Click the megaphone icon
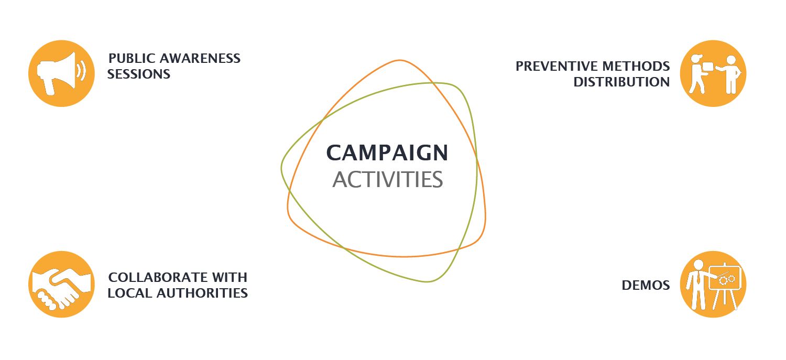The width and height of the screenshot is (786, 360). tap(61, 73)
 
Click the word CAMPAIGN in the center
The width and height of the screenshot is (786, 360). tap(387, 153)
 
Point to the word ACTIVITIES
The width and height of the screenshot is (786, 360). tap(387, 180)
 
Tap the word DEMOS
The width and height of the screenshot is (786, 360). tap(646, 285)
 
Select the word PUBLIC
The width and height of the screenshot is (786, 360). tap(132, 58)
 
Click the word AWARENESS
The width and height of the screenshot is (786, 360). tap(200, 58)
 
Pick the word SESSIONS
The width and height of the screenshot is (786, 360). tap(139, 74)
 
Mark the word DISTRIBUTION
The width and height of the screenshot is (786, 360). tap(621, 82)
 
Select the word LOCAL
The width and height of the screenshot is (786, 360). tap(129, 293)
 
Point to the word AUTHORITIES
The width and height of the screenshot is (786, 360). tap(202, 293)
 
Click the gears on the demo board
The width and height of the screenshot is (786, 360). tap(727, 280)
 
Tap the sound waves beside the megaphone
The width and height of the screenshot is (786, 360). tap(82, 71)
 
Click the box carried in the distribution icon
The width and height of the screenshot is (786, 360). tap(707, 67)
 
